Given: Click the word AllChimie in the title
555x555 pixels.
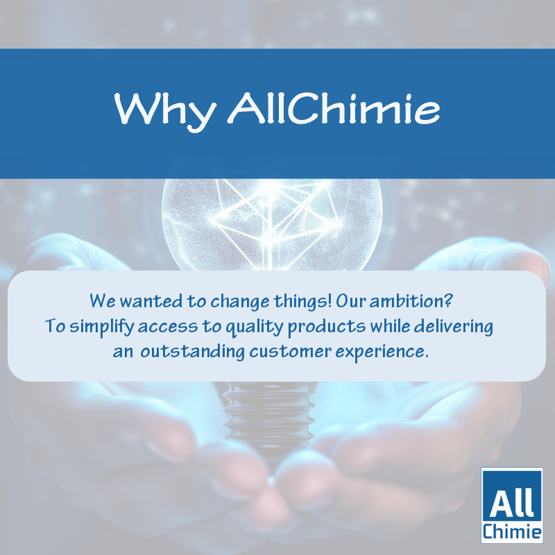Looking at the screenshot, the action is click(x=334, y=108).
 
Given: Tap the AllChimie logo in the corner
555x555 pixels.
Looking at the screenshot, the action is click(x=512, y=505).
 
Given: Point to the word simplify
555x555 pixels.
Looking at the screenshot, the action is click(x=101, y=327).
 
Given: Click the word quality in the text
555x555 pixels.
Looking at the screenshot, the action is click(x=255, y=327).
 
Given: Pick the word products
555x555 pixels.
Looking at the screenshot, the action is click(x=327, y=327).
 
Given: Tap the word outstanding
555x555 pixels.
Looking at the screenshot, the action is click(x=193, y=352).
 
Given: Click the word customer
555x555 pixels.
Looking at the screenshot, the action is click(x=290, y=352).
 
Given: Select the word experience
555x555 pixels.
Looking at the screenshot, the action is click(x=382, y=352).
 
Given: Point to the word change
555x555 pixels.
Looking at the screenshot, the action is click(x=239, y=302).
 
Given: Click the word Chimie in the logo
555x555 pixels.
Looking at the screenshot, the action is click(x=512, y=531).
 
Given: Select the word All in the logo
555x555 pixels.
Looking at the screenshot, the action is click(x=512, y=504).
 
